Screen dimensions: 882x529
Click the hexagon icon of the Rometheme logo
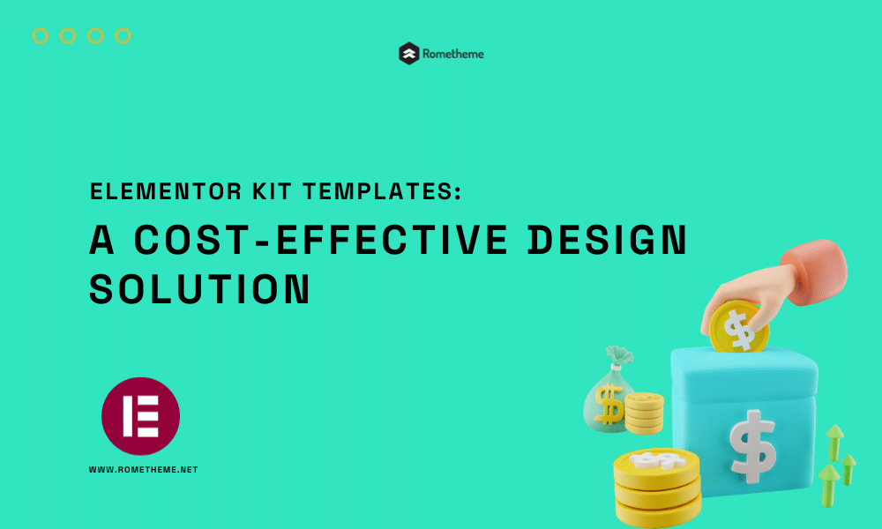point(409,54)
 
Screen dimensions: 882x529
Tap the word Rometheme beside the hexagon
point(452,54)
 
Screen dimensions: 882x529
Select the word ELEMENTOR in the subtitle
point(166,191)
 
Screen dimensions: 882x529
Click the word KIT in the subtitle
point(273,191)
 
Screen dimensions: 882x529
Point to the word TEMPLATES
point(382,191)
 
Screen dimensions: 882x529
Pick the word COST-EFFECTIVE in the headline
point(321,240)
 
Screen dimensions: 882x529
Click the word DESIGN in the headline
point(608,240)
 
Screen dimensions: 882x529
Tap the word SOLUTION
point(199,289)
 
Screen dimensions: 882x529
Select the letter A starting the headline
point(101,240)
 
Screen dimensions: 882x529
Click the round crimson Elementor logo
point(140,416)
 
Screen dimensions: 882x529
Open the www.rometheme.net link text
point(144,469)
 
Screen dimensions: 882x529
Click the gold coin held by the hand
point(738,326)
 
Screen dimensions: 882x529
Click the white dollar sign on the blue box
point(752,446)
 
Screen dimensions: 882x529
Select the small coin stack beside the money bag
point(644,414)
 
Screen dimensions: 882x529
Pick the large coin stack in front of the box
point(657,487)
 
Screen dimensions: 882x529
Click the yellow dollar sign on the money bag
point(609,404)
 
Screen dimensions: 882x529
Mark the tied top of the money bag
point(619,357)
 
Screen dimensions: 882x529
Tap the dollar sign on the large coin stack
point(656,460)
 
